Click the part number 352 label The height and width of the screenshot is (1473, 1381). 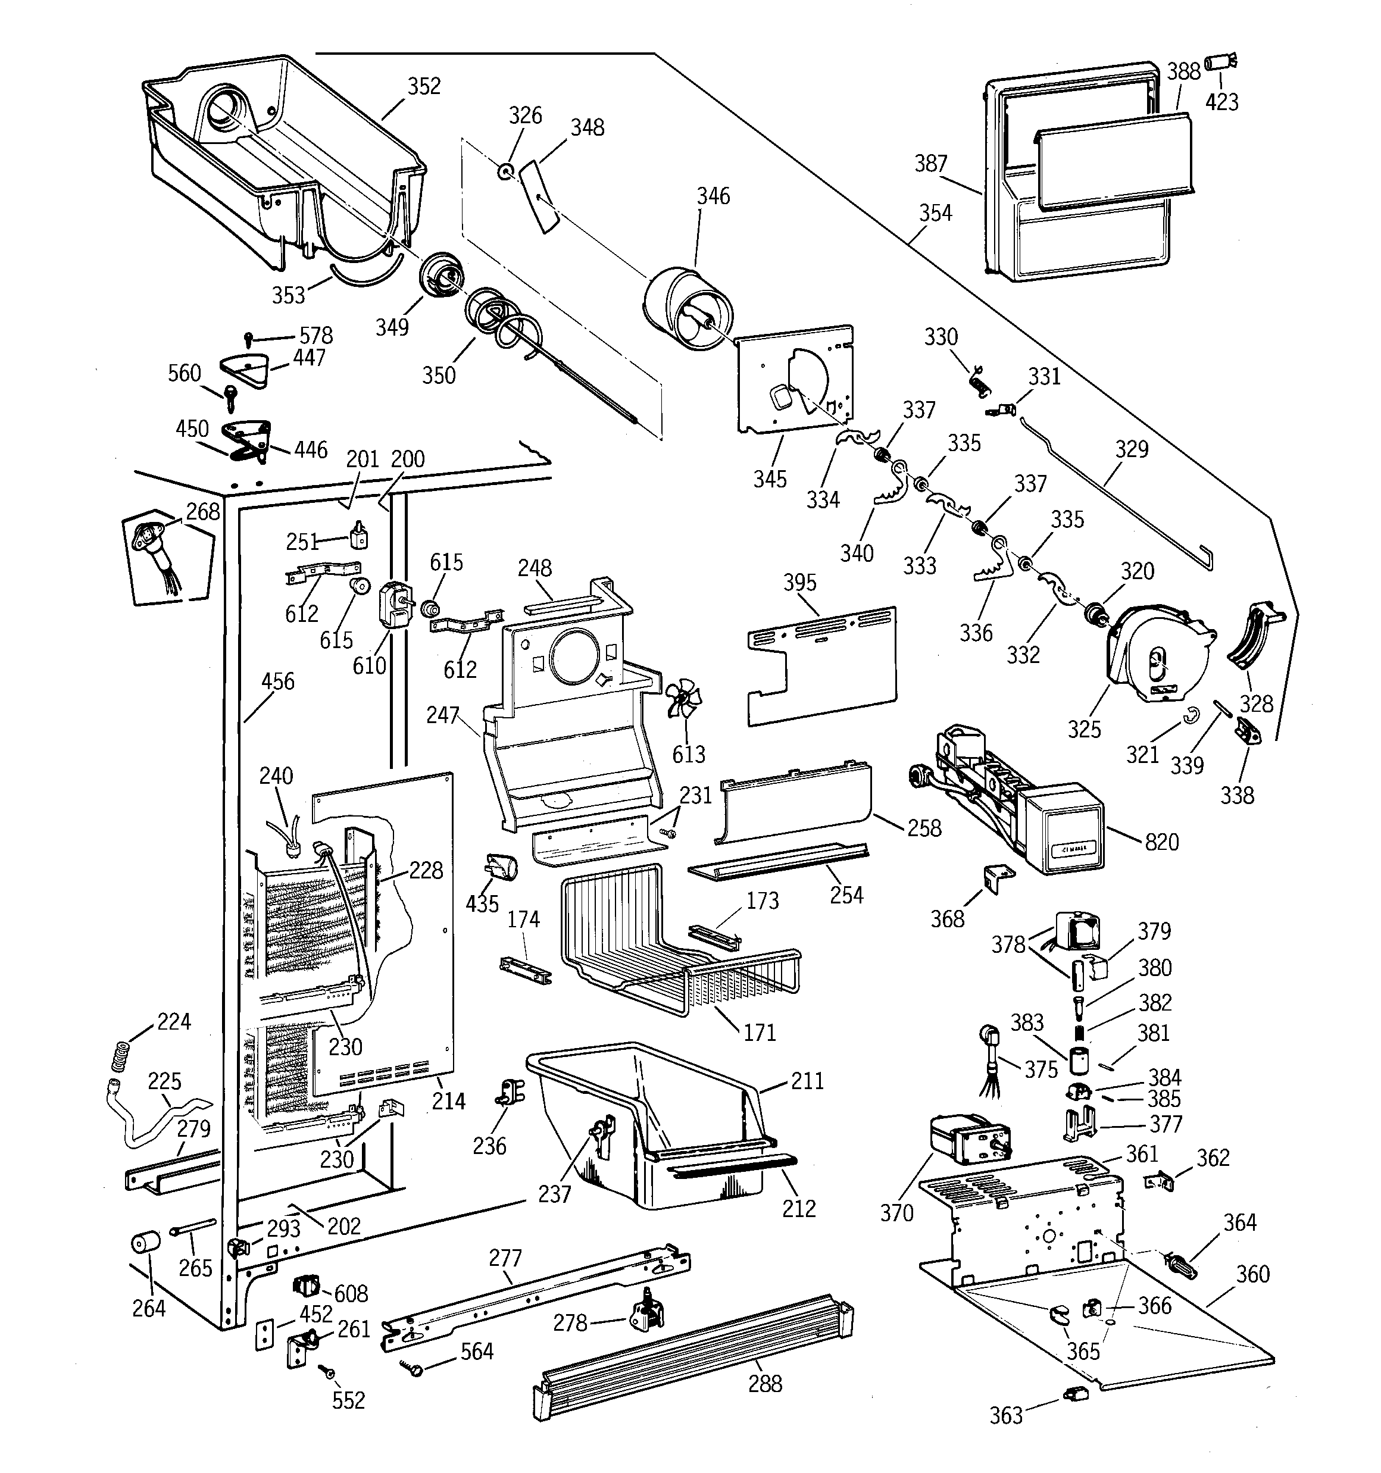(424, 87)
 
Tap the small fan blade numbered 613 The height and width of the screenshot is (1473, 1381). (683, 699)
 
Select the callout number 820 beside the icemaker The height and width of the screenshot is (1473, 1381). (1161, 843)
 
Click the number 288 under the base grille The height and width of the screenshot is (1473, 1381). (764, 1383)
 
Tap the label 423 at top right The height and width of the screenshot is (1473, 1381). (1221, 102)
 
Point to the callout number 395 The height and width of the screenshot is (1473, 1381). (800, 583)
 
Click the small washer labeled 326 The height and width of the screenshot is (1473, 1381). (505, 172)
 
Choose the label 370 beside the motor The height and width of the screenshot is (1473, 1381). (896, 1213)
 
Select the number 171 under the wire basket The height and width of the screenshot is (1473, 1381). (759, 1032)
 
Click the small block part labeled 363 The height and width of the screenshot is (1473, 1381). (1074, 1394)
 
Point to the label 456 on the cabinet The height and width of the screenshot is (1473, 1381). (277, 681)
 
